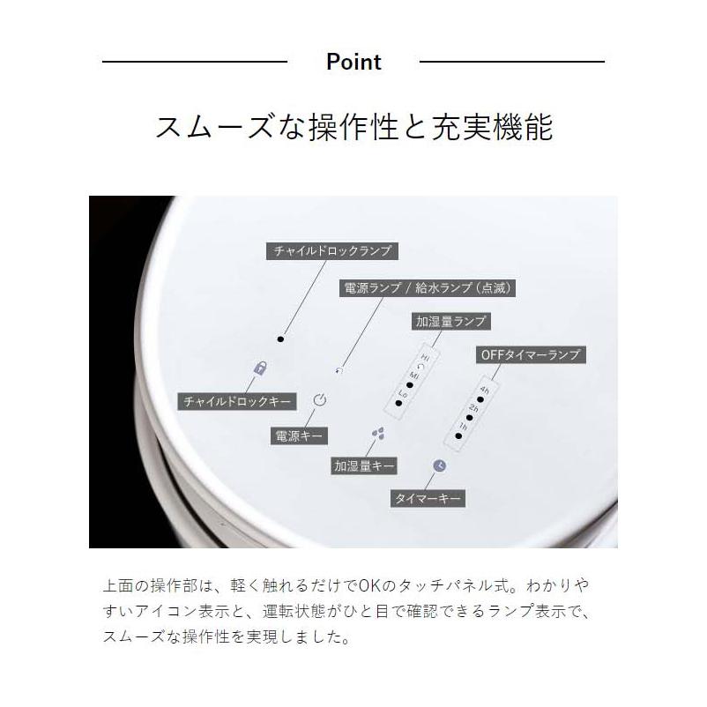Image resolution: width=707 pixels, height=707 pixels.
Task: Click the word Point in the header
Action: pos(353,62)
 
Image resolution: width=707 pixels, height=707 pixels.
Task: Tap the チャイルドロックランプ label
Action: pos(331,251)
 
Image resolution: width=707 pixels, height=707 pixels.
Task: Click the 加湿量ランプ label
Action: pos(450,321)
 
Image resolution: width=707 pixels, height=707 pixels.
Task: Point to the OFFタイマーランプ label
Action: pos(529,354)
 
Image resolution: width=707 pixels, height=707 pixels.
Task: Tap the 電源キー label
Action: pos(300,435)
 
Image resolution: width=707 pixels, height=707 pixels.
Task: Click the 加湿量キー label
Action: pos(364,465)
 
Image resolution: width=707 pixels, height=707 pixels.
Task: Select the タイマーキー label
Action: pos(427,499)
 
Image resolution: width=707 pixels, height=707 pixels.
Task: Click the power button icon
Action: pos(320,399)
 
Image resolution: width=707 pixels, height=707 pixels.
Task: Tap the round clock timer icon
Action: pos(440,465)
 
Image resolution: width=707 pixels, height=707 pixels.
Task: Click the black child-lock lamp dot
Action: pos(280,339)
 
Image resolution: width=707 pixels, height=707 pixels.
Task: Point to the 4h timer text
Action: pos(485,390)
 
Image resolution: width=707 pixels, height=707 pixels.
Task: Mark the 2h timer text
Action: pos(473,408)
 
